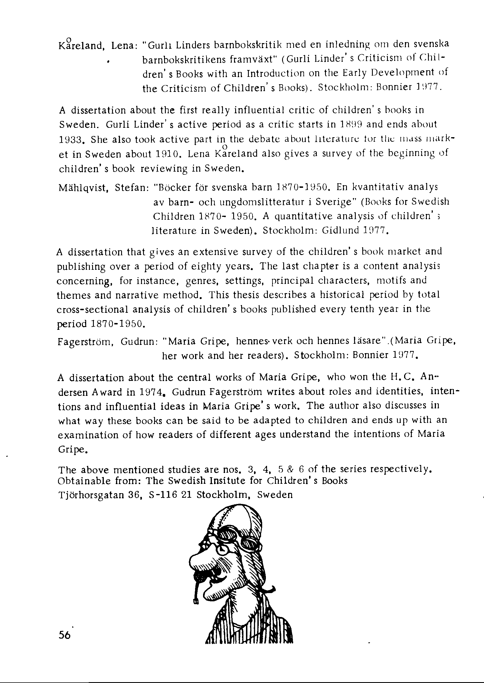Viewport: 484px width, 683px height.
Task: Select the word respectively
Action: coord(401,470)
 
